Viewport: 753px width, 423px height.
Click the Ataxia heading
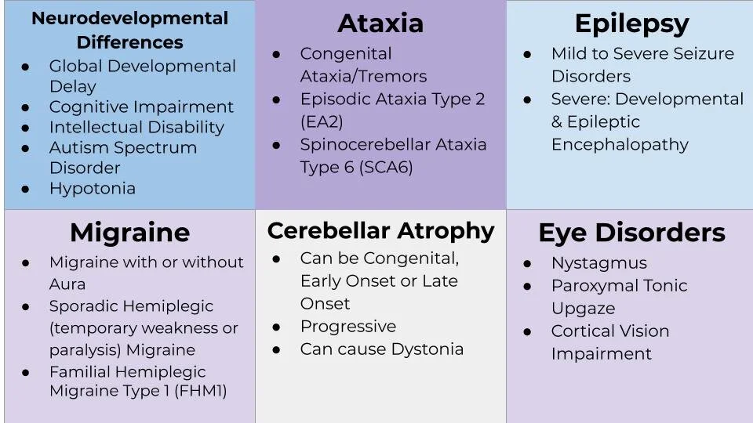click(380, 23)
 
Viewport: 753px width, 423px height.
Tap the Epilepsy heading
click(631, 23)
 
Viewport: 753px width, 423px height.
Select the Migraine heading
click(129, 233)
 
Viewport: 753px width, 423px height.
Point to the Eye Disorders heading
click(631, 233)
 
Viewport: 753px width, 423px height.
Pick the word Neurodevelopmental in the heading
click(129, 18)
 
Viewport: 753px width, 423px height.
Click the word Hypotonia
click(92, 188)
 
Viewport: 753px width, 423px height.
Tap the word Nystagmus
click(598, 263)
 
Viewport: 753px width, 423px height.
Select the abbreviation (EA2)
click(322, 122)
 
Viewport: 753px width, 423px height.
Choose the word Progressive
click(347, 327)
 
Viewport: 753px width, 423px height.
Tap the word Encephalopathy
click(620, 145)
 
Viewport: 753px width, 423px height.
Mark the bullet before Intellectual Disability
click(26, 128)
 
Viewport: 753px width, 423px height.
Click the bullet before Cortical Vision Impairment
click(528, 331)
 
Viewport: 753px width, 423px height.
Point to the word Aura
click(67, 284)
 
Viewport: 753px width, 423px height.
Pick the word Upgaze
click(583, 309)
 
